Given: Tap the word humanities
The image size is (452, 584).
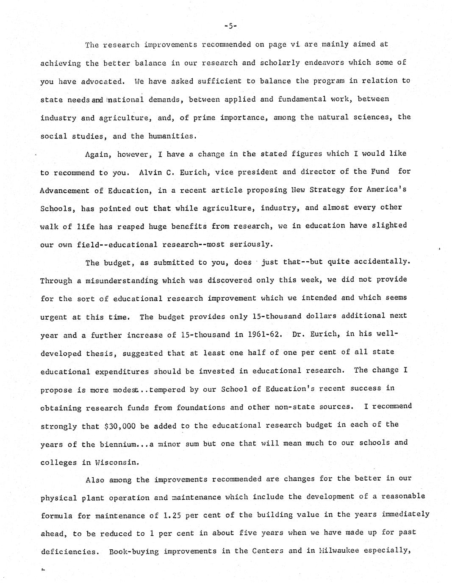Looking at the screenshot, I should coord(172,136).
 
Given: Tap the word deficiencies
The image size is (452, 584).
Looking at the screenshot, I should coord(68,552).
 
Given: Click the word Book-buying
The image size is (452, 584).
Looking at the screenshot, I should coord(134,551).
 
